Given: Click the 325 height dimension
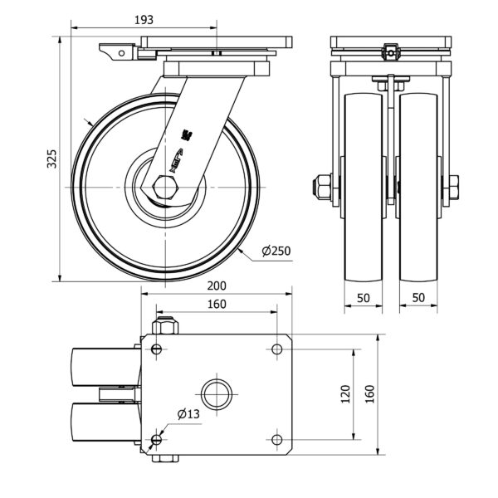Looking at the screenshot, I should (x=51, y=159).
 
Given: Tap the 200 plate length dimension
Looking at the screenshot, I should (x=217, y=285).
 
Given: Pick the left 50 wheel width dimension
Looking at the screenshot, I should (x=364, y=296).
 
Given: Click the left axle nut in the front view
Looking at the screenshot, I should (x=321, y=187).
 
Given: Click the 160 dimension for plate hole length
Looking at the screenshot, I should (x=217, y=305).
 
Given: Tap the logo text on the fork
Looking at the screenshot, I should (x=184, y=153).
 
